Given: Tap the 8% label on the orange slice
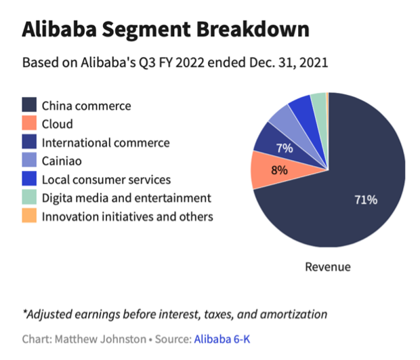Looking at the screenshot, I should click(x=279, y=169).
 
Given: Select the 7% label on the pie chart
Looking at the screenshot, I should click(x=283, y=147).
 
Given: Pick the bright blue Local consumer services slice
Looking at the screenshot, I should click(x=300, y=108).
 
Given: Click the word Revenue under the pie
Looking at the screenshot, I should click(x=328, y=266).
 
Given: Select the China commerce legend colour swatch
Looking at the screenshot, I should click(x=29, y=106).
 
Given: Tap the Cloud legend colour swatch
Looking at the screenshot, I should click(x=29, y=124).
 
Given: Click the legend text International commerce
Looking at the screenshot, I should click(x=106, y=143).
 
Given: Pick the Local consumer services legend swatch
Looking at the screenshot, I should click(x=29, y=180).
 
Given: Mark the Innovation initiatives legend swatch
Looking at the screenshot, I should click(x=29, y=216).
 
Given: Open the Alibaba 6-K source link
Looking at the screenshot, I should click(x=222, y=338).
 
